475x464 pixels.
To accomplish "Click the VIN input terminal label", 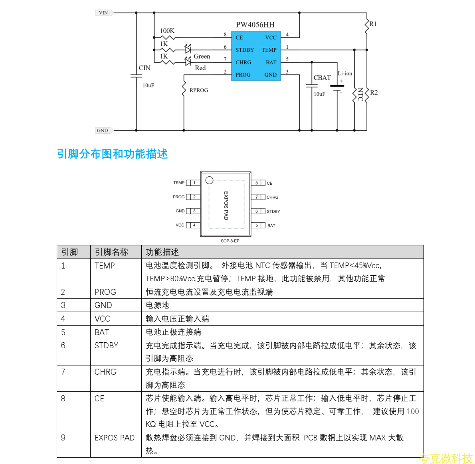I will (x=103, y=13).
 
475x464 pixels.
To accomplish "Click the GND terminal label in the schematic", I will (x=103, y=130).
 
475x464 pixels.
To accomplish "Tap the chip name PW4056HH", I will (x=255, y=25).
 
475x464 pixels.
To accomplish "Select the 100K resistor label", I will (x=167, y=31).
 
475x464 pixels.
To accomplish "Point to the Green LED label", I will (x=202, y=57).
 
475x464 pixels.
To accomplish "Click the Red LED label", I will (x=200, y=68).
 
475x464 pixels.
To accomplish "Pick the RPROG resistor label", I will (x=199, y=90).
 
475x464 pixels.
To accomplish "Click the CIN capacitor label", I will (x=144, y=68).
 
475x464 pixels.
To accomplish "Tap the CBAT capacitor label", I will (x=322, y=78).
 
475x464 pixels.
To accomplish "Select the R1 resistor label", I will (x=373, y=24).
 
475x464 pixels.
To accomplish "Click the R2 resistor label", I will (x=374, y=93).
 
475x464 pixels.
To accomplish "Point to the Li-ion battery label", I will (x=345, y=74).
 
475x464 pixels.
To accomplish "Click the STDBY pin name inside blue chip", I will (x=245, y=50).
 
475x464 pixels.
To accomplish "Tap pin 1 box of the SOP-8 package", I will (x=194, y=183).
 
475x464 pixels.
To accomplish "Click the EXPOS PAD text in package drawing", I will (x=226, y=205).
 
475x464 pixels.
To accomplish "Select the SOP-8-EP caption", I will (x=230, y=241).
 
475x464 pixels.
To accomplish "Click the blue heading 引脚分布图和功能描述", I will (x=112, y=154).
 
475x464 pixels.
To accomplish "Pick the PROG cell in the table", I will (x=105, y=292).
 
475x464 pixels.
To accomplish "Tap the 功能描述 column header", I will (x=162, y=252).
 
